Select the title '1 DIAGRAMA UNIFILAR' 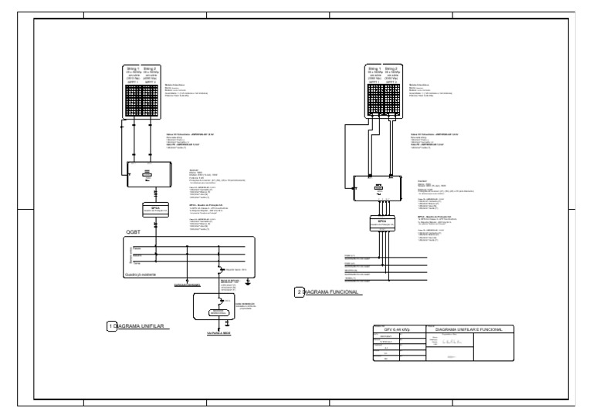[142, 327]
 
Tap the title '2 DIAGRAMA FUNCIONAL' [330, 292]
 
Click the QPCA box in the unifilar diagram [156, 208]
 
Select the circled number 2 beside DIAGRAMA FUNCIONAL [300, 292]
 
